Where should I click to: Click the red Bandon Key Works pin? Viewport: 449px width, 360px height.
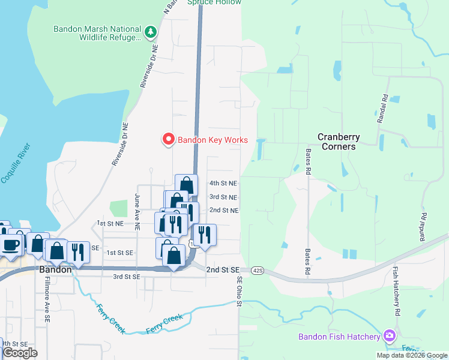pos(169,140)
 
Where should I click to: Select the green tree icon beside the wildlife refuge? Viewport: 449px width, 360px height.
pos(151,31)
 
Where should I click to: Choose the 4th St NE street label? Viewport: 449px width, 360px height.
pos(223,183)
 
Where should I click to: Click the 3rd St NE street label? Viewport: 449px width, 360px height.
pos(223,197)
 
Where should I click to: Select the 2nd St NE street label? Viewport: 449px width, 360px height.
pos(223,211)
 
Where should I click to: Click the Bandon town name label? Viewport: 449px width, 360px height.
pos(55,270)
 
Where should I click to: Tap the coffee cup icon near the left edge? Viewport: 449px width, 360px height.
pos(11,245)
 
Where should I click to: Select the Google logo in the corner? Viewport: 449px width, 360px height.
pos(19,353)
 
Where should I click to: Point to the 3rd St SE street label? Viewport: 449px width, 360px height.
pos(127,277)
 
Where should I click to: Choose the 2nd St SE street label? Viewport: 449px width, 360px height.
pos(223,271)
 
